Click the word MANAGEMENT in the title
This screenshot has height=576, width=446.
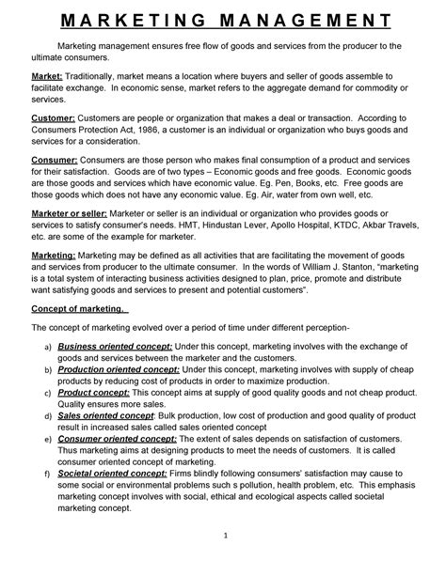pos(311,20)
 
